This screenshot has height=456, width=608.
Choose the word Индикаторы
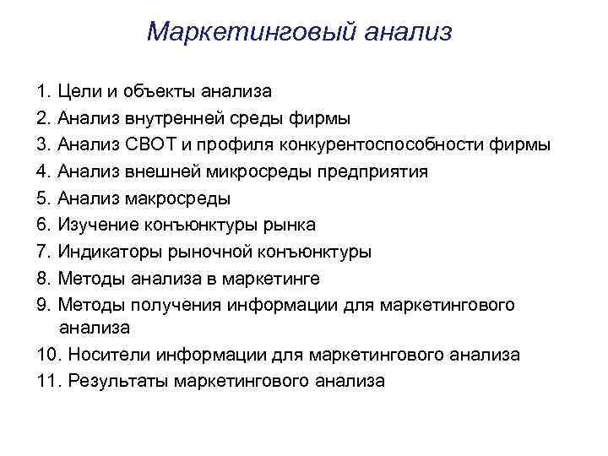point(108,252)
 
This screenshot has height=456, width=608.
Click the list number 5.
point(42,198)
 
